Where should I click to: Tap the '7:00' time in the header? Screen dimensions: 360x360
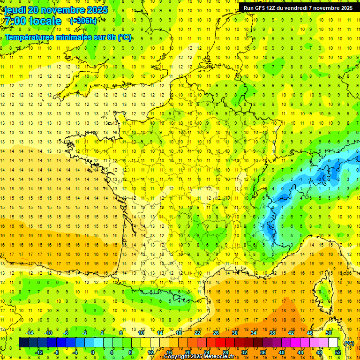click(x=15, y=21)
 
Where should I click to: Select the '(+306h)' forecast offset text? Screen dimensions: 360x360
click(x=83, y=21)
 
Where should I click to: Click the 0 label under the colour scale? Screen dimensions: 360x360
click(x=93, y=352)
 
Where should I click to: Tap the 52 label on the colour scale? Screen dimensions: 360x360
click(x=338, y=352)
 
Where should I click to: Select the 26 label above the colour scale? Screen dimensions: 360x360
click(x=216, y=333)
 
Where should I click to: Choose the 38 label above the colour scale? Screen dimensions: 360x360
click(x=272, y=333)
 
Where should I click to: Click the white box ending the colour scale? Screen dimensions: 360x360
click(x=333, y=343)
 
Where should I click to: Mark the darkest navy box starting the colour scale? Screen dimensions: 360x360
click(x=23, y=343)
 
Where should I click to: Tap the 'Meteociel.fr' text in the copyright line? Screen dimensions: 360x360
click(x=219, y=357)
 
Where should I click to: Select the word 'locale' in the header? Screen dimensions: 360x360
click(x=45, y=21)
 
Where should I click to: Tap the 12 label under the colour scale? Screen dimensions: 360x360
click(x=150, y=352)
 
